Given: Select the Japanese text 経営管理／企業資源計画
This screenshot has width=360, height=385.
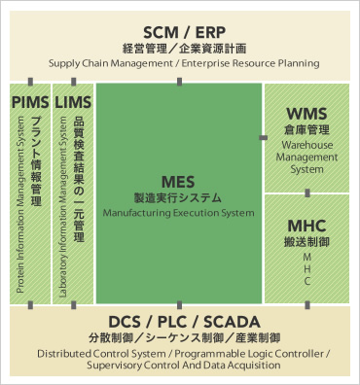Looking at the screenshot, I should [x=179, y=47].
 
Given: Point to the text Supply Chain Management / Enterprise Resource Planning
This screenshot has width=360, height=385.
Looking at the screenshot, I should [x=179, y=63].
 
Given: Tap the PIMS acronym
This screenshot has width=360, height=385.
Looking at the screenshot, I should [x=30, y=101].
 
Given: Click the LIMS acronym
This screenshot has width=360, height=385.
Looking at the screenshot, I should [x=74, y=101].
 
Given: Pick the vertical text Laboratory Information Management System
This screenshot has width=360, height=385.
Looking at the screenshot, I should [x=64, y=207].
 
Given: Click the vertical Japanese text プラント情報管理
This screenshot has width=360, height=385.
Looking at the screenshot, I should [x=37, y=157].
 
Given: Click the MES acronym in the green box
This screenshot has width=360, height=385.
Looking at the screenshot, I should [x=179, y=181].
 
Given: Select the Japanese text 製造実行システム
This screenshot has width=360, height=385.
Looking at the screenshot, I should [x=179, y=196].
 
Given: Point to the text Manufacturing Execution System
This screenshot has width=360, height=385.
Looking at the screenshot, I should [x=179, y=212].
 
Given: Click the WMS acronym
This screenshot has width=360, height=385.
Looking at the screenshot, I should [x=306, y=114].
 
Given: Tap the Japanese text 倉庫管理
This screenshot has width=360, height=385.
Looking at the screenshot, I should [x=306, y=129].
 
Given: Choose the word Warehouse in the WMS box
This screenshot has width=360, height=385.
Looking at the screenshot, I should [x=306, y=145].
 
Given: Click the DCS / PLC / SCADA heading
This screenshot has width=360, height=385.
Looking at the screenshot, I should [x=179, y=322].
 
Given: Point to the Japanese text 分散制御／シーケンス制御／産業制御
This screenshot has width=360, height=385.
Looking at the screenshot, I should [x=179, y=338].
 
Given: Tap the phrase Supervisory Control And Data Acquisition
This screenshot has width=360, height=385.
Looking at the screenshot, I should [x=179, y=367].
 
